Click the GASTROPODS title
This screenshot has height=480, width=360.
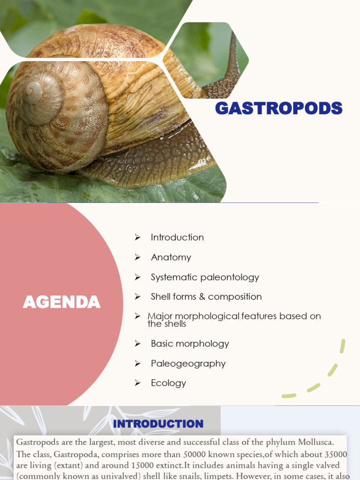[278, 108]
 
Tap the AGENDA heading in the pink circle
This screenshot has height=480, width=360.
[61, 302]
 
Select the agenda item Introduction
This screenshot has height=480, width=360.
[177, 237]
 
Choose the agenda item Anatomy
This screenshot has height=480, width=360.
[171, 257]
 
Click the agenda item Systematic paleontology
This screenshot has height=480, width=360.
[205, 277]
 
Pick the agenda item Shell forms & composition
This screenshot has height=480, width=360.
[206, 297]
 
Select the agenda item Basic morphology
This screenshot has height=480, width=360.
[190, 344]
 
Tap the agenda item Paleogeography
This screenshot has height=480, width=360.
[188, 363]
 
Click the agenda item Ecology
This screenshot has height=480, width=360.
[168, 383]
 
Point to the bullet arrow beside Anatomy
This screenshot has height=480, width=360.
[137, 257]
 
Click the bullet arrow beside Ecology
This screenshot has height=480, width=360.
[137, 383]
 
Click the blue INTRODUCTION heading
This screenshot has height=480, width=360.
[158, 424]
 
